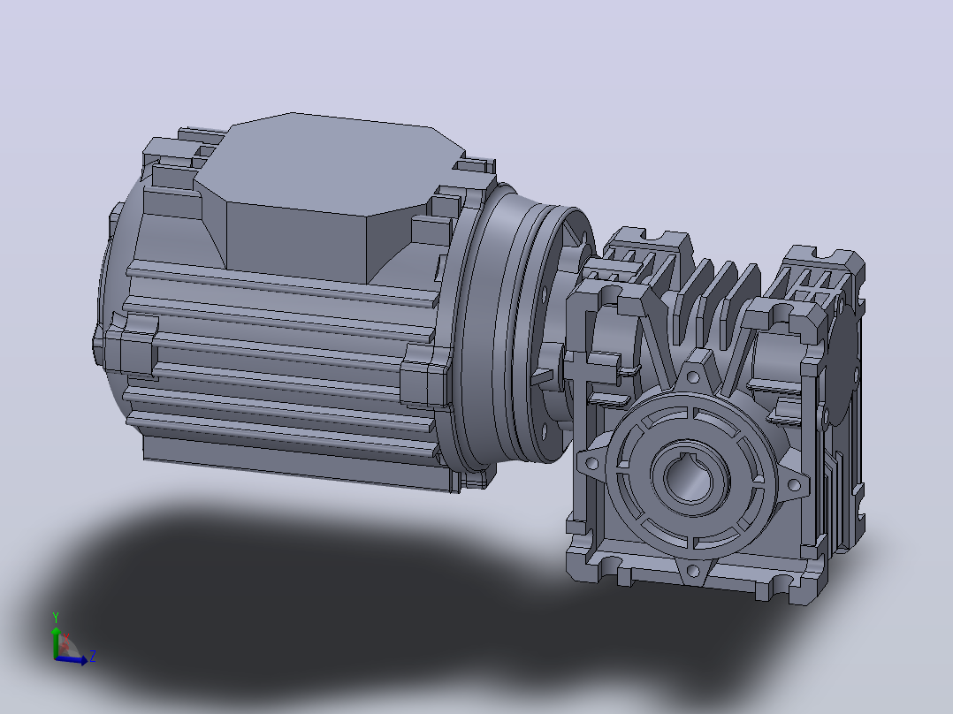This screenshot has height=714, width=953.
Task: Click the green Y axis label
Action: (56, 618)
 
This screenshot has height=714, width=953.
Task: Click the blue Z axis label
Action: (92, 656)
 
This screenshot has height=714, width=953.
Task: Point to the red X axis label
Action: (66, 637)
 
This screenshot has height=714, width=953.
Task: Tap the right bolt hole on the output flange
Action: (793, 484)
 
